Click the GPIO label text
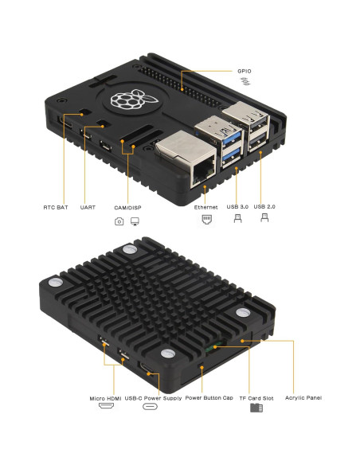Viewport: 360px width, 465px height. pos(244,71)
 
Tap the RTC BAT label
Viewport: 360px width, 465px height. pos(56,207)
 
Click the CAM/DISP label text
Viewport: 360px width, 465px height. pos(127,207)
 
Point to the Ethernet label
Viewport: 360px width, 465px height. pos(205,207)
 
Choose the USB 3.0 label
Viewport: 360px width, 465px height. pos(237,207)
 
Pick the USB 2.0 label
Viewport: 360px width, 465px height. pos(265,207)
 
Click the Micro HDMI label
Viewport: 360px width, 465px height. pos(106,397)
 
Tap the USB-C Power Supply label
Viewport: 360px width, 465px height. pos(150,397)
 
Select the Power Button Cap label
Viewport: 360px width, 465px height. pos(209,397)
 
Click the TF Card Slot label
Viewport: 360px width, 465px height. pos(256,397)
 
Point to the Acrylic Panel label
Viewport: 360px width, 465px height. pos(303,397)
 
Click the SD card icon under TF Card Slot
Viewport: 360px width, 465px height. pos(256,408)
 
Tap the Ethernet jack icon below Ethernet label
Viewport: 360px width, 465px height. pos(205,222)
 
